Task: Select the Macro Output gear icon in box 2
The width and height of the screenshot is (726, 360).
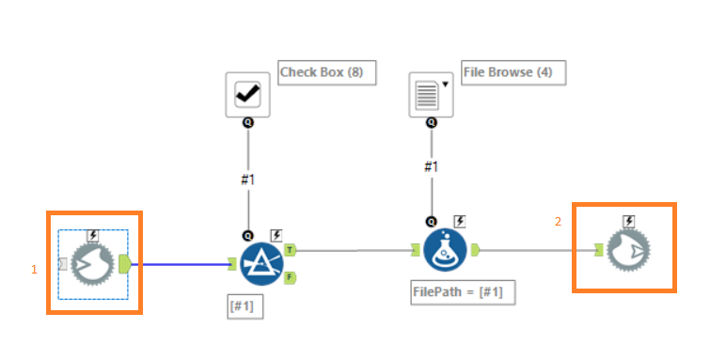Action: pos(627,251)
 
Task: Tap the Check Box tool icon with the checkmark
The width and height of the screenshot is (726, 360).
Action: pos(248,94)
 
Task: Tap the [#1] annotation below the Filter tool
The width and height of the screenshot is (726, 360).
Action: pos(245,305)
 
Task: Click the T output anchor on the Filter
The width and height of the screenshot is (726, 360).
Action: pos(290,250)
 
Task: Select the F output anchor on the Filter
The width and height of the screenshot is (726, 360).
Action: pos(290,276)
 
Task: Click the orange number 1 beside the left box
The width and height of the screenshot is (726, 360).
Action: pos(35,269)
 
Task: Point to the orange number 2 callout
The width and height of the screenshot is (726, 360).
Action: pos(558,221)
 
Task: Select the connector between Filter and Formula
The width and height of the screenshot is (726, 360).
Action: pos(353,251)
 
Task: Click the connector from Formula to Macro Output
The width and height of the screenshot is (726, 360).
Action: pos(536,251)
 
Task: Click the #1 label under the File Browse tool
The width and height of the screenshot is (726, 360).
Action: pos(431,166)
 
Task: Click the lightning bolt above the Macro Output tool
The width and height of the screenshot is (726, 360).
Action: pos(628,221)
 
